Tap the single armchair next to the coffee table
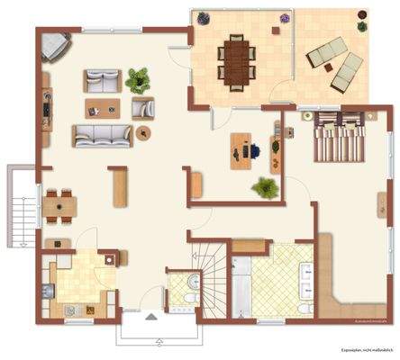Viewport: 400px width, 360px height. coord(142,108)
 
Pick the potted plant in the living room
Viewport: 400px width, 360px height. coord(138,80)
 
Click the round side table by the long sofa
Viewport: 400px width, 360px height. coord(143,133)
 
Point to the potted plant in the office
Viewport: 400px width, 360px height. coord(265,188)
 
